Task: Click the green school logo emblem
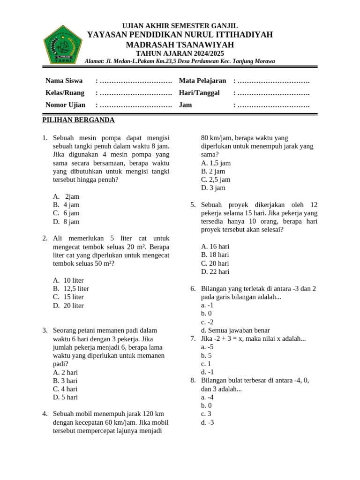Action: [x=63, y=44]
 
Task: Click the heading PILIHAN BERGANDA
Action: [x=78, y=120]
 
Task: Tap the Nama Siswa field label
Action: [x=64, y=81]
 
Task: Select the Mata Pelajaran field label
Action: [x=202, y=81]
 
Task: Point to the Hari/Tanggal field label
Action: [x=199, y=93]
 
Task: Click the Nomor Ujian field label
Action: [x=65, y=105]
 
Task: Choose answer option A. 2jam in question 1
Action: [x=67, y=196]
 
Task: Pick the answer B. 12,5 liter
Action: [x=71, y=289]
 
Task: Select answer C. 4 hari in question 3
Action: [x=65, y=389]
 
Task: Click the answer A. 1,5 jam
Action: [x=216, y=163]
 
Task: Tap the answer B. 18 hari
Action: [x=215, y=255]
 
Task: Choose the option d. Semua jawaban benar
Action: [x=235, y=330]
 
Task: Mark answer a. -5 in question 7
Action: [x=207, y=347]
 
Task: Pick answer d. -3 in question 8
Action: [x=207, y=422]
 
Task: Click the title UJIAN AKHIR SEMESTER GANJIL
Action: [x=180, y=26]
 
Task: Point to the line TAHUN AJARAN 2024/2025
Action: [x=180, y=53]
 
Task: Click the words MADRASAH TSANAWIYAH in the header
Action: [x=180, y=45]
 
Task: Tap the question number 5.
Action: [x=193, y=205]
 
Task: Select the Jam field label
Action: [x=185, y=105]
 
